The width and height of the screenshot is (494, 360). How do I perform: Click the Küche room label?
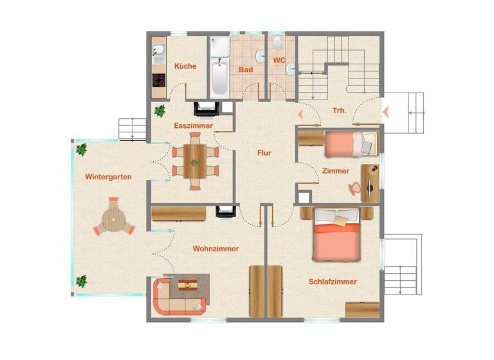(x=185, y=66)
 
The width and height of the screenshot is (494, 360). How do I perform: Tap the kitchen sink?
(x=159, y=50)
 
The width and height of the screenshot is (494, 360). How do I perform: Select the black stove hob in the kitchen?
(x=159, y=80)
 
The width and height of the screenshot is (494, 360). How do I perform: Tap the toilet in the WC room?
(x=277, y=43)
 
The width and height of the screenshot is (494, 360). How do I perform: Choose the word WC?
(x=279, y=60)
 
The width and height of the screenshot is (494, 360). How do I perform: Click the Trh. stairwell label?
(x=340, y=111)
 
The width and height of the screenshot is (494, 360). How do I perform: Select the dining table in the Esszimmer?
(x=194, y=161)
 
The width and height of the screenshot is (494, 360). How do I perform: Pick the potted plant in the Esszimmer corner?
(x=160, y=111)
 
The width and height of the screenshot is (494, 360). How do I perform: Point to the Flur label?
(x=264, y=153)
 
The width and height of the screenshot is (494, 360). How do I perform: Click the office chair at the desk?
(x=354, y=187)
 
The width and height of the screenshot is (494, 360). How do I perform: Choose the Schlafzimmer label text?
(x=333, y=282)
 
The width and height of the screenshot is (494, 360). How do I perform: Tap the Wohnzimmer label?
(x=215, y=248)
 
